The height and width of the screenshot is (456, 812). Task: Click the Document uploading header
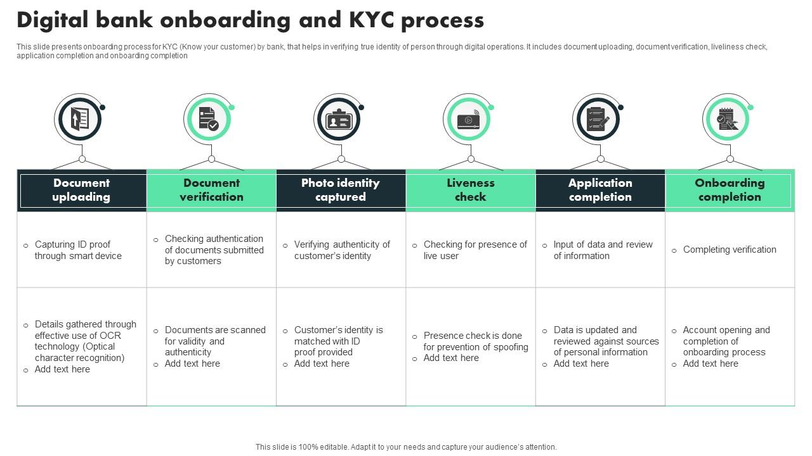pos(81,190)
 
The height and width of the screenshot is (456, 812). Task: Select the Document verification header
pos(211,190)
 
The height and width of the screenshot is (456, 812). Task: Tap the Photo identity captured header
pos(341,190)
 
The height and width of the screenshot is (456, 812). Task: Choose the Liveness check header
pos(470,190)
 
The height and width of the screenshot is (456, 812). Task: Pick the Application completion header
pos(600,190)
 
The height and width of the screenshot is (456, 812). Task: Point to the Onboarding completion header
pos(730,190)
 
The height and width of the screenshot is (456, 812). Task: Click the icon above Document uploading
pos(79,119)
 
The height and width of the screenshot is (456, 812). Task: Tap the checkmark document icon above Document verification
pos(208,119)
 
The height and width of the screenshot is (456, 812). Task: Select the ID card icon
pos(338,120)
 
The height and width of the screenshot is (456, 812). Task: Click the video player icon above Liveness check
pos(468,120)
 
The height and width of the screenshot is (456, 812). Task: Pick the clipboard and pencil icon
pos(597,119)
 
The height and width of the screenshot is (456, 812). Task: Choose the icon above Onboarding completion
pos(727,119)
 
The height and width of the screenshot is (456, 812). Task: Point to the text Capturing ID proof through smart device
pos(78,250)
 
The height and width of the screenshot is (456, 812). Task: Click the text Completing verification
pos(730,250)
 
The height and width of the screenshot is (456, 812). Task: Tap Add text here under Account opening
pos(710,364)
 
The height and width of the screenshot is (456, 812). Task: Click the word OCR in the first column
pos(110,336)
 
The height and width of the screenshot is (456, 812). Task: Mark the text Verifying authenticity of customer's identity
pos(342,250)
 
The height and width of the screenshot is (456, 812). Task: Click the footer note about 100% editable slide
pos(406,447)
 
